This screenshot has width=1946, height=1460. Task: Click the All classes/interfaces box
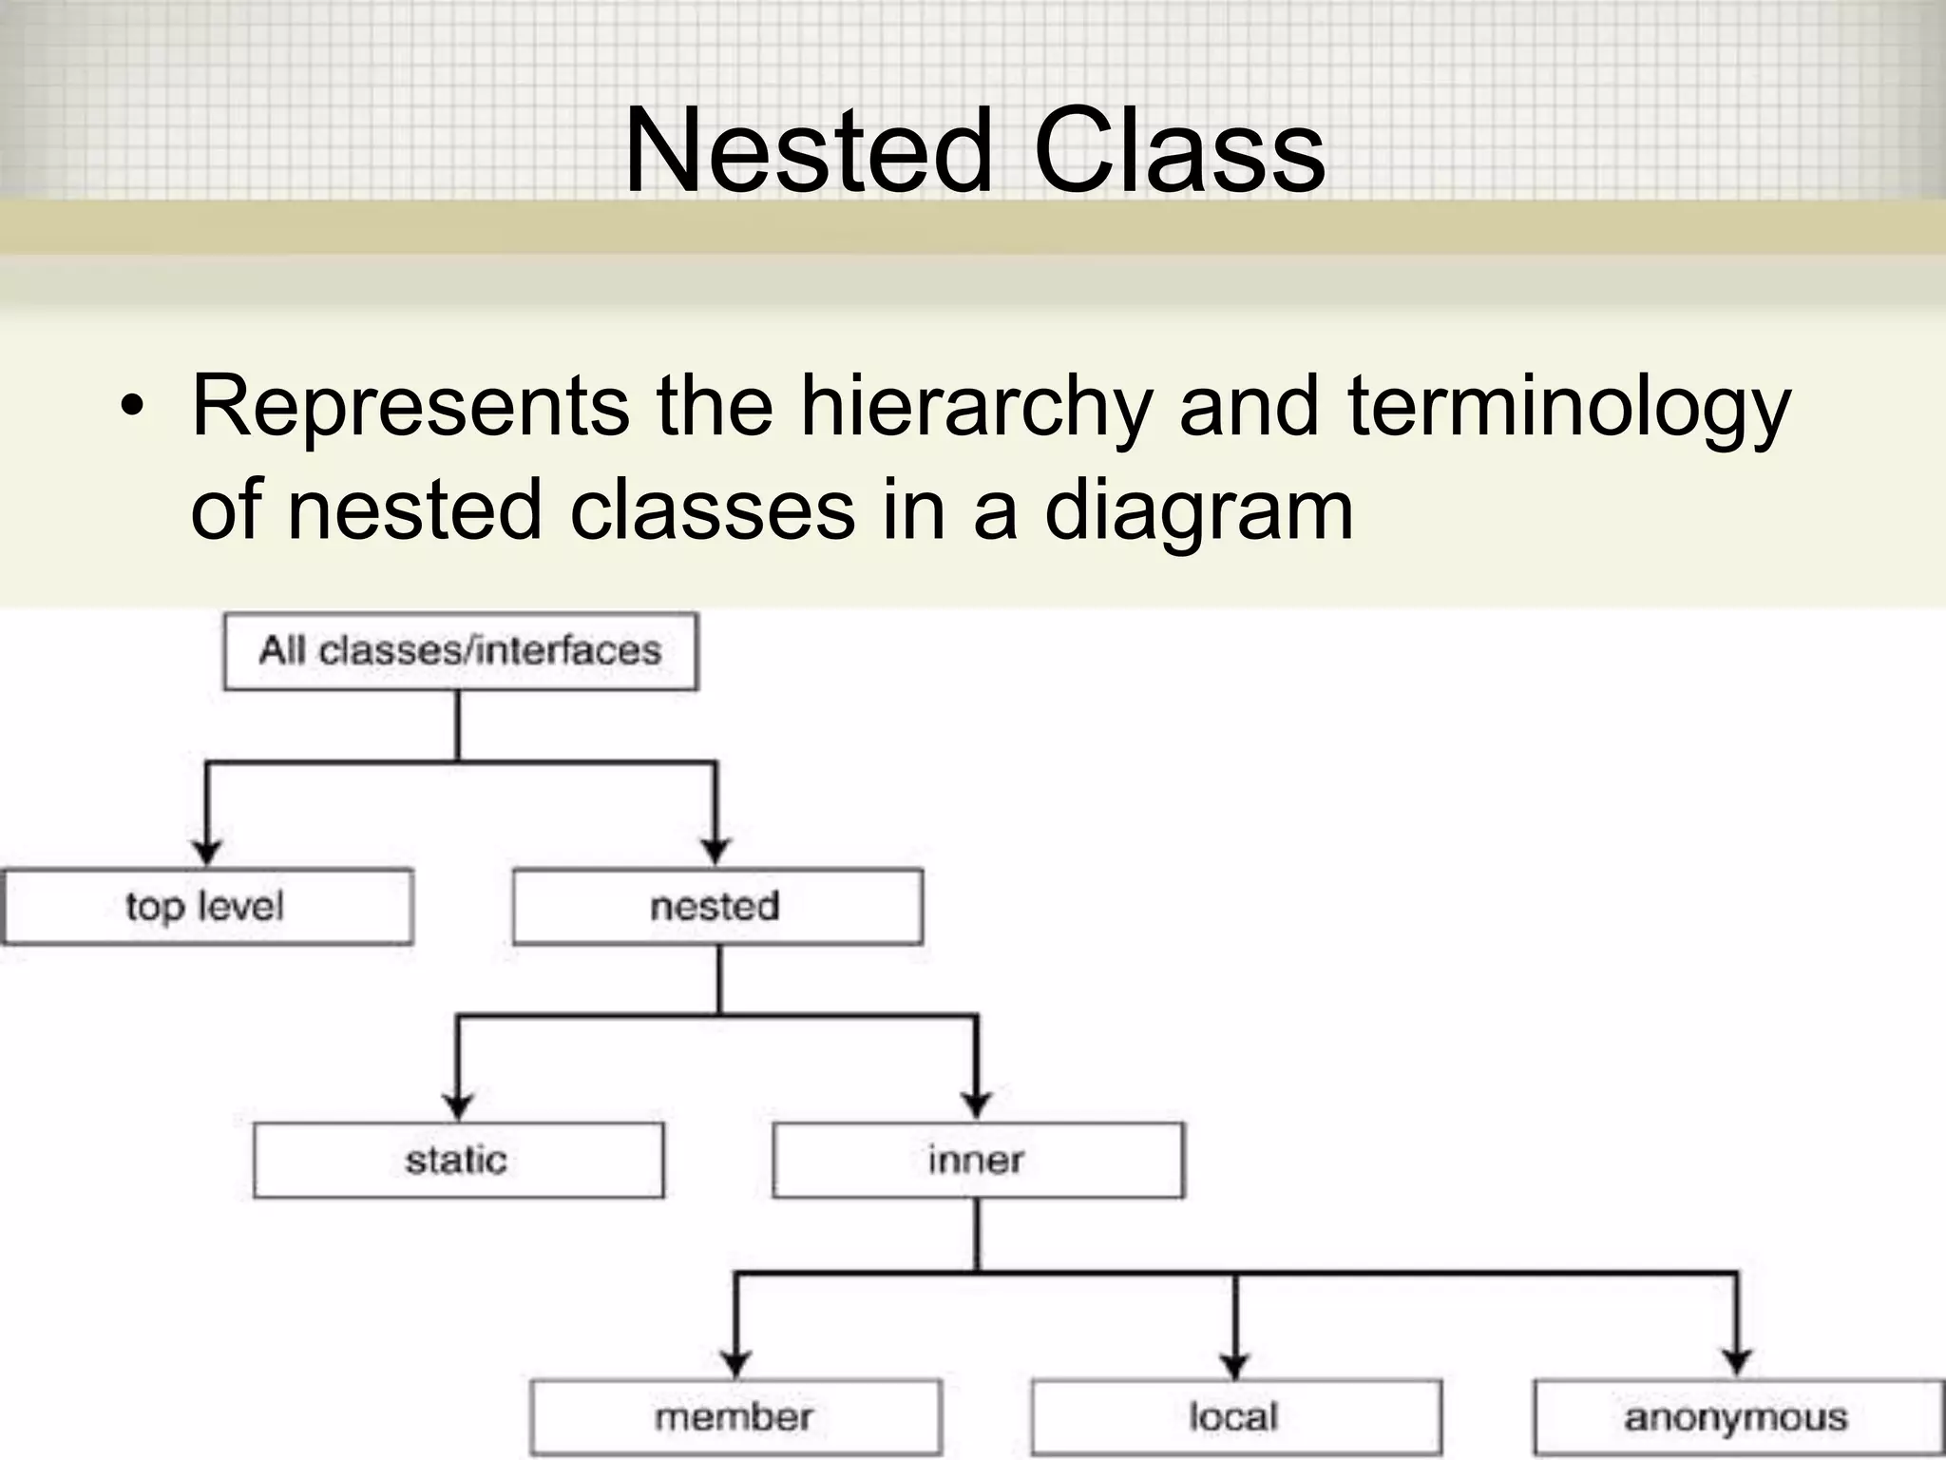(461, 652)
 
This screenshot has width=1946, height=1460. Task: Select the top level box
(206, 907)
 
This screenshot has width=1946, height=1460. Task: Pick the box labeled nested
(717, 907)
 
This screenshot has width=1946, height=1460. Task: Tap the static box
(458, 1161)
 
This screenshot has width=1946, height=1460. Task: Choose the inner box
(978, 1161)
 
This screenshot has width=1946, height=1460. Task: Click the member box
(735, 1417)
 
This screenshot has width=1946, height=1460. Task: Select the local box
(1235, 1417)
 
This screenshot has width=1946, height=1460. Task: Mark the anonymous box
(1737, 1417)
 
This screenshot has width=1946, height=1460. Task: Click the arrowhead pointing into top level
(206, 851)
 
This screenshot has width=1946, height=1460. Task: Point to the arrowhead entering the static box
(458, 1106)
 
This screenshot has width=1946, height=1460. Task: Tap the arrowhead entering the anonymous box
(1737, 1363)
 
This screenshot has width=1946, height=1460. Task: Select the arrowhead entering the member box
(735, 1363)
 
